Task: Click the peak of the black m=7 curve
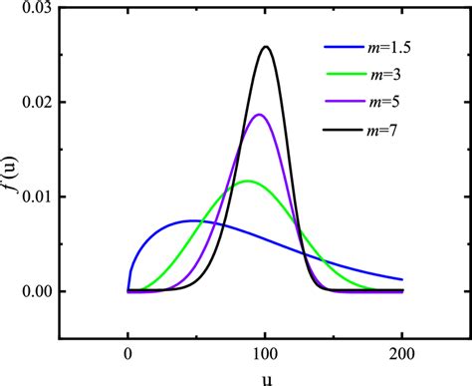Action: [x=265, y=47]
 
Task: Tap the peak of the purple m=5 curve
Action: [x=260, y=114]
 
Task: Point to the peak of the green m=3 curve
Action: [x=247, y=181]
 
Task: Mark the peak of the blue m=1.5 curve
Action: [x=193, y=219]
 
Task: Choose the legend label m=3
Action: [x=388, y=74]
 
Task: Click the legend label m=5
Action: [x=388, y=101]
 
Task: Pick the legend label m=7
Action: [x=388, y=129]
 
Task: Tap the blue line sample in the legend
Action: [x=344, y=47]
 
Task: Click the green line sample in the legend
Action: [x=344, y=74]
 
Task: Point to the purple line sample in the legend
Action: [x=344, y=101]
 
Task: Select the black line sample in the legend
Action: [x=344, y=129]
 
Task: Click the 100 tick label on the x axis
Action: [x=265, y=355]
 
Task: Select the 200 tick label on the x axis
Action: [x=402, y=355]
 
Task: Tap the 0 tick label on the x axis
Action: [x=128, y=355]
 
